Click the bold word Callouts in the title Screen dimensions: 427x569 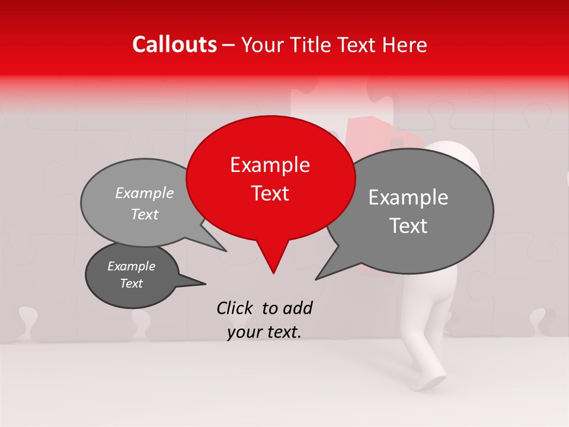click(174, 44)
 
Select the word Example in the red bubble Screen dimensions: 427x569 click(270, 165)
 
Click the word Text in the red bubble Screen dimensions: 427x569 click(270, 193)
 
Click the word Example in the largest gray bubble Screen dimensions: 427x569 click(408, 197)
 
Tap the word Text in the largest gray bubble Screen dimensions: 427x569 click(408, 226)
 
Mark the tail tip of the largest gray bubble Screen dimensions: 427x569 click(317, 279)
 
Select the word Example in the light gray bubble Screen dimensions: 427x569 click(145, 193)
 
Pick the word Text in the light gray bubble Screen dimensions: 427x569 click(145, 214)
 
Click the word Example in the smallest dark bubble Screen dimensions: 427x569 click(131, 266)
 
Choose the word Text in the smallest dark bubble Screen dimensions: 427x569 click(131, 283)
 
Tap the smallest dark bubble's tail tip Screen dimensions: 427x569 click(205, 283)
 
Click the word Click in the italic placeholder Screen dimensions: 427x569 click(235, 308)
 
